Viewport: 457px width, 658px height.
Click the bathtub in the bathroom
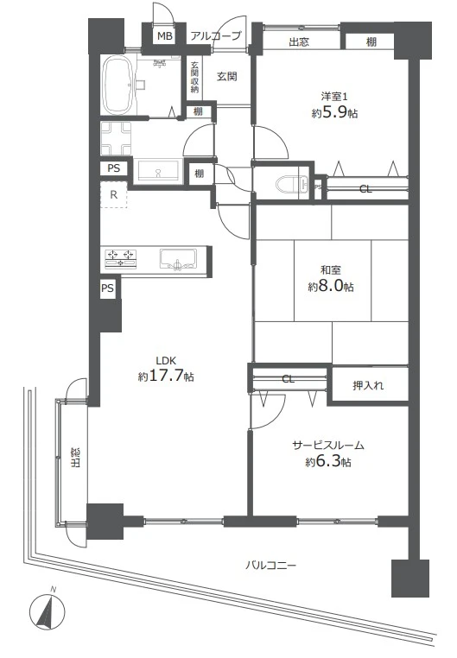[118, 85]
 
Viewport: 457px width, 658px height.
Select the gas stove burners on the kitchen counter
[121, 258]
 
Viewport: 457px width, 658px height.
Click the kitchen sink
[178, 258]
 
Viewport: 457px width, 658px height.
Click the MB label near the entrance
[165, 36]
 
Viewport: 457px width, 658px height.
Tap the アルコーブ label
[216, 36]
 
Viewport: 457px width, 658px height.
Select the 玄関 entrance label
[227, 76]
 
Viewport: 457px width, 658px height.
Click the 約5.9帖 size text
[334, 112]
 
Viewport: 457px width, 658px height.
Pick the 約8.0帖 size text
[331, 286]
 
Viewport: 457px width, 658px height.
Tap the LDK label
[166, 360]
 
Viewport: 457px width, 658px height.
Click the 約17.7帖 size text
[166, 376]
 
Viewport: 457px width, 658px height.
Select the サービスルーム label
[328, 445]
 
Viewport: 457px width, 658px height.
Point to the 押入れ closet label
[368, 385]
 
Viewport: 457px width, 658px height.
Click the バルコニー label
[270, 566]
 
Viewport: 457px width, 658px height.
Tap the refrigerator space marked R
[113, 195]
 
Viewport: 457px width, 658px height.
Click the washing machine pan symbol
[117, 138]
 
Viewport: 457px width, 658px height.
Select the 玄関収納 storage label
[194, 77]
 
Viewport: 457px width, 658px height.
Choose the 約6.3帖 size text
[328, 462]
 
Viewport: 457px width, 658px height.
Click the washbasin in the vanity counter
[158, 171]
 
